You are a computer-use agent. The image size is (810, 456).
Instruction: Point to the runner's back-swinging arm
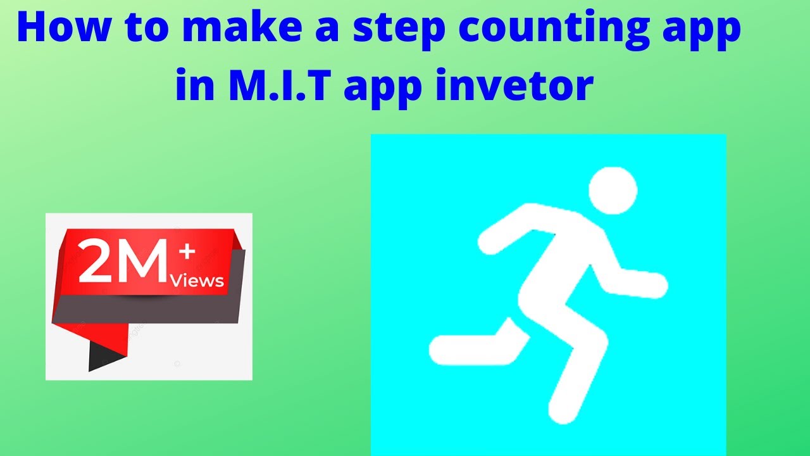506,228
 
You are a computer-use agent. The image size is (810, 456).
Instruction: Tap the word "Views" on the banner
197,280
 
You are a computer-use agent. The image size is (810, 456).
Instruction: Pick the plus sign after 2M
187,252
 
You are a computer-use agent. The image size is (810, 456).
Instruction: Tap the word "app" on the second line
383,87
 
